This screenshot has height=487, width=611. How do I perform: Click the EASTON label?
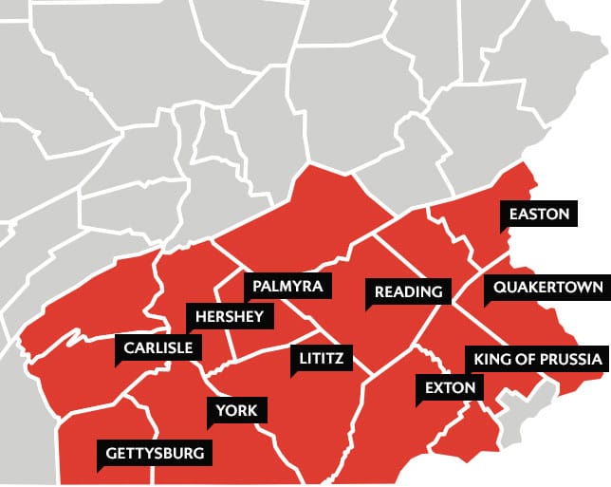[x=539, y=214]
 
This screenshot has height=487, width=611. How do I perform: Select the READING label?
[x=408, y=291]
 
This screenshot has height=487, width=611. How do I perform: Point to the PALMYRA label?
[x=287, y=286]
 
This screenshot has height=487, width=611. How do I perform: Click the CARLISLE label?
[x=157, y=348]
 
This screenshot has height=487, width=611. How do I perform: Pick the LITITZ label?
[x=321, y=358]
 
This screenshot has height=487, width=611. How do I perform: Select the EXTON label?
[x=450, y=387]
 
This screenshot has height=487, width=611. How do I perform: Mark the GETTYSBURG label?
[x=155, y=453]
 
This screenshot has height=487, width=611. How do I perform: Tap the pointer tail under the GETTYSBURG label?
[x=101, y=468]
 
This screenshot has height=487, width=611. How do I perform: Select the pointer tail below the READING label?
[x=370, y=307]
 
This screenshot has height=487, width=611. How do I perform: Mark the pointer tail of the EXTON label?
[x=419, y=403]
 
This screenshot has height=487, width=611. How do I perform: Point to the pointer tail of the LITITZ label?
[x=294, y=373]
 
